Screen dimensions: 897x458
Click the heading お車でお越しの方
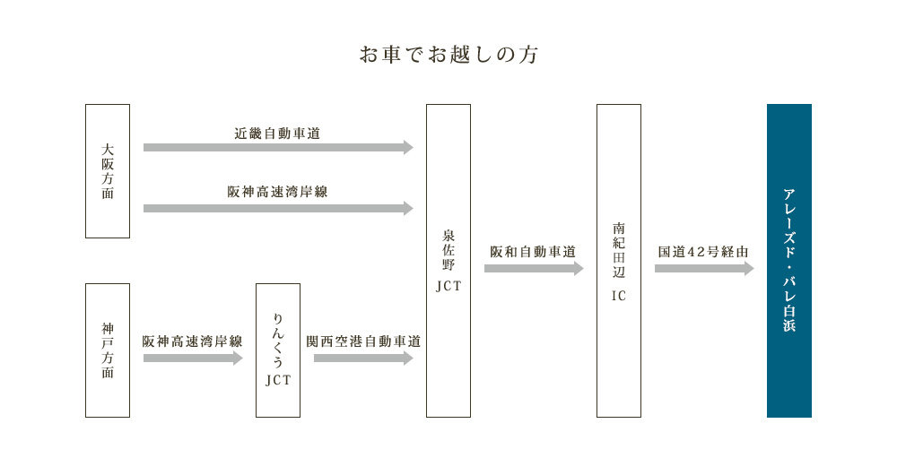(x=448, y=55)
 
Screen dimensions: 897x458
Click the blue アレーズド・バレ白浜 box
(x=789, y=261)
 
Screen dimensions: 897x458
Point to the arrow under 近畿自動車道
(x=278, y=148)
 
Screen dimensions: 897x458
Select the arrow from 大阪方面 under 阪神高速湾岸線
(x=278, y=208)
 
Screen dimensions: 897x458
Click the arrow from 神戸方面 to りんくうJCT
(x=193, y=359)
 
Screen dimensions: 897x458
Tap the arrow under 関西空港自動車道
(x=363, y=359)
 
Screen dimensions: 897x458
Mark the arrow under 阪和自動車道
(x=534, y=268)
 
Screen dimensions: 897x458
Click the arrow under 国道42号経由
(x=704, y=268)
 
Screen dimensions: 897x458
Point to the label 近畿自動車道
(x=277, y=134)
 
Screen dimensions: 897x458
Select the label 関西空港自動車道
(x=363, y=341)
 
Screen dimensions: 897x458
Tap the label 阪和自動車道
(x=533, y=252)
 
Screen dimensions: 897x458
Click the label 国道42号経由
(x=703, y=252)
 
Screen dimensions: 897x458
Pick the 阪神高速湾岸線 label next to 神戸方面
(x=193, y=341)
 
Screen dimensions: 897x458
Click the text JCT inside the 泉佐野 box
(x=448, y=287)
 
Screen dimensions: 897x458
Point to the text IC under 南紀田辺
(x=619, y=296)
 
